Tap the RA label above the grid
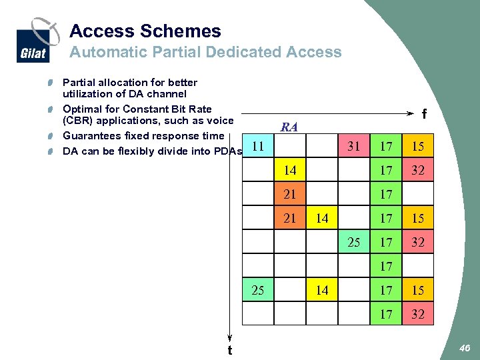[289, 127]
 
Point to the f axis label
[424, 114]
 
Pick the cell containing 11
[257, 145]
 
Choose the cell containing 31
[354, 146]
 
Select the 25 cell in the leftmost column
[257, 290]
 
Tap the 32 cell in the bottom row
[418, 314]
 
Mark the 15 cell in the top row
[418, 146]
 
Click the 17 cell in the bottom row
[386, 314]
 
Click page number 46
[465, 347]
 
